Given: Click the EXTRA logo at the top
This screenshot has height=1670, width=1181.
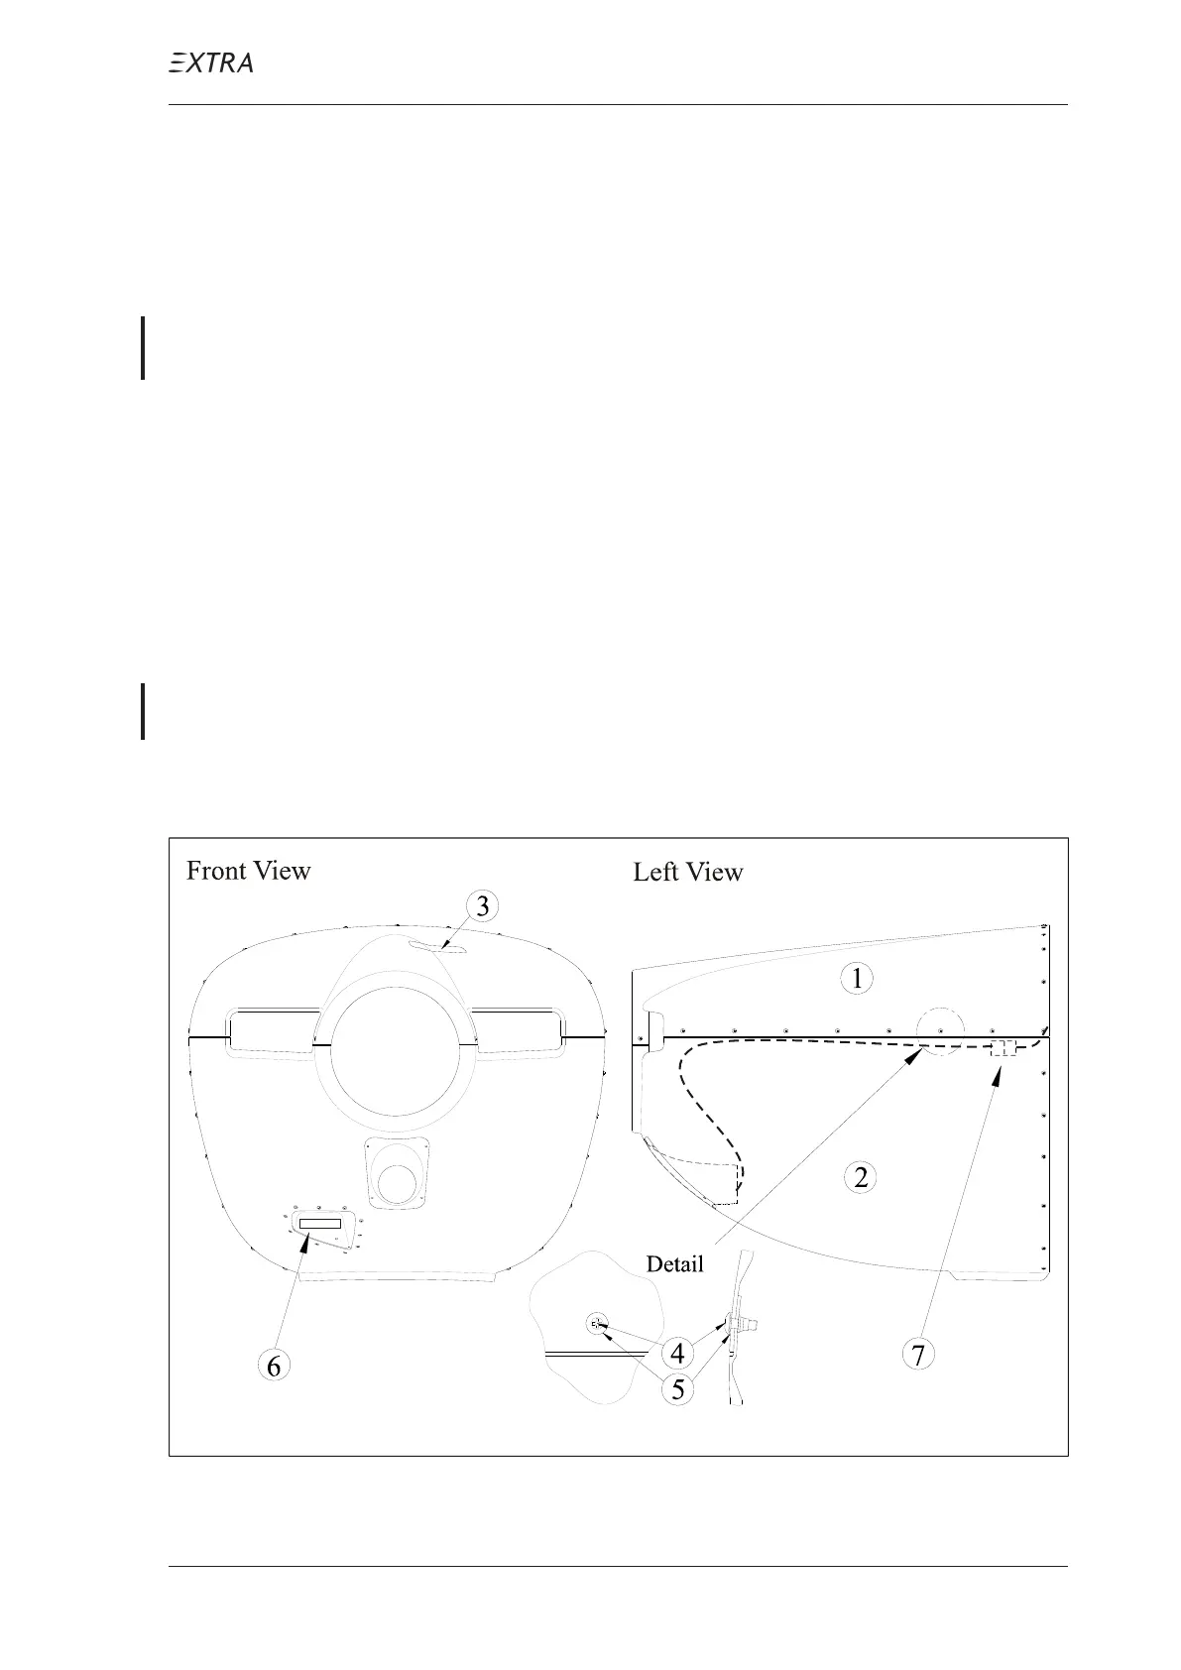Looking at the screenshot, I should tap(210, 62).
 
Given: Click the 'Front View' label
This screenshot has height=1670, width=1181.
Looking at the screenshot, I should tap(249, 871).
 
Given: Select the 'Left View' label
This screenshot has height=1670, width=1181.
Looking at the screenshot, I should tap(688, 873).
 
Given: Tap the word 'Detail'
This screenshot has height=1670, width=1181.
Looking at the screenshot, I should tap(674, 1263).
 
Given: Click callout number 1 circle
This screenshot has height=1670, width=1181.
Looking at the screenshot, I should tap(857, 979).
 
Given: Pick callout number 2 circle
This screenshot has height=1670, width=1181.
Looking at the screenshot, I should tap(861, 1177).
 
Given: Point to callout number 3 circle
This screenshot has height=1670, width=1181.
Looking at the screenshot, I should tap(483, 906).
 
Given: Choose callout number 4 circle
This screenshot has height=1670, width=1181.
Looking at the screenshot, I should tap(677, 1353).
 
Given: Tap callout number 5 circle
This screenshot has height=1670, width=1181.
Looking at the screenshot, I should tap(678, 1389).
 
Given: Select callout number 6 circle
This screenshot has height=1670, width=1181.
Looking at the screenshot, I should tap(274, 1366).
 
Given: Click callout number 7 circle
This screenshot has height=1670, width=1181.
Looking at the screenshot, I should tap(919, 1355).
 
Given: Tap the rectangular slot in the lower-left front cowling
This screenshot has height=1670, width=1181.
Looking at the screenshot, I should tap(320, 1224).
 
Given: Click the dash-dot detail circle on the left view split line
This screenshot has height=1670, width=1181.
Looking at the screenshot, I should tap(940, 1028).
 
